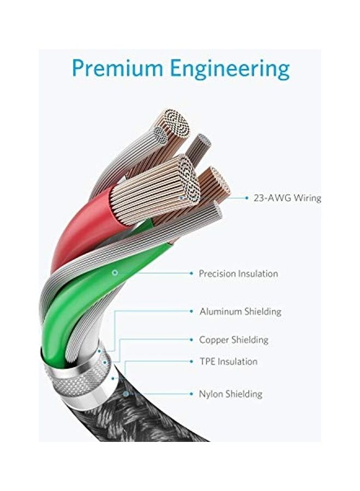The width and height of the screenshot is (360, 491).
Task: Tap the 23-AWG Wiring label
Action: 287,198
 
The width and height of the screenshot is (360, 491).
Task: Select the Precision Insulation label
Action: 238,273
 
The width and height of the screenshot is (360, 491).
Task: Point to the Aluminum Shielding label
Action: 240,312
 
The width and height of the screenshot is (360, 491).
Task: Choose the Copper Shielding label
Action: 233,339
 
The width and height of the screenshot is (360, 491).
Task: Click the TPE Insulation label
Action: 228,361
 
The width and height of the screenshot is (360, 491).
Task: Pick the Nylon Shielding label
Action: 230,393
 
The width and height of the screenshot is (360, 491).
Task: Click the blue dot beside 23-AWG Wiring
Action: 244,198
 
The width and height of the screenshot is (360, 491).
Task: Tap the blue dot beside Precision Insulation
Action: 191,273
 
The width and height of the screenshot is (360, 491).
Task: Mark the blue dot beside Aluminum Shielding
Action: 191,312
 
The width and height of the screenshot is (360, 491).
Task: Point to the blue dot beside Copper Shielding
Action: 191,339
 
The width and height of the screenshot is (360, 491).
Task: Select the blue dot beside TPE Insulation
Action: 191,361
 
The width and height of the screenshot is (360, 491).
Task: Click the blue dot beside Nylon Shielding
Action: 191,393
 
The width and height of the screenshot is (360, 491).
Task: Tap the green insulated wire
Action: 82,306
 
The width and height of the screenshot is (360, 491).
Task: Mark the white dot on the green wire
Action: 115,272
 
